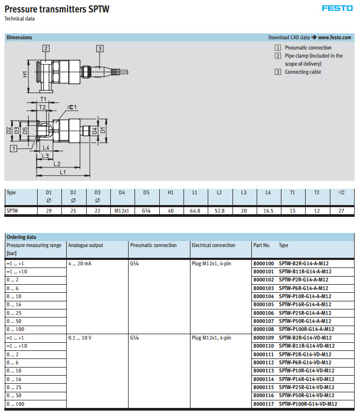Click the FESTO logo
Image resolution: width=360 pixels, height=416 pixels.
coord(337,8)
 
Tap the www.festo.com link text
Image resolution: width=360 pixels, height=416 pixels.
coord(334,38)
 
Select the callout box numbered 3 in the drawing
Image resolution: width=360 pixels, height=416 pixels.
coord(100,48)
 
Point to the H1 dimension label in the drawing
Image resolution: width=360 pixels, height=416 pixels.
coord(25,74)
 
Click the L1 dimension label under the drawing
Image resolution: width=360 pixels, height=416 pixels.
coord(62,172)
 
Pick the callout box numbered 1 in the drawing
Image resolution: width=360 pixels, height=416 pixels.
coord(13,147)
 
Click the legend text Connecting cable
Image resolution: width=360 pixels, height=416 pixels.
coord(303,72)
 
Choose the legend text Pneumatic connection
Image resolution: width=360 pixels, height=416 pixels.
coord(308,48)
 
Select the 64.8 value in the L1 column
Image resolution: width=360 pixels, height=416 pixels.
coord(195,210)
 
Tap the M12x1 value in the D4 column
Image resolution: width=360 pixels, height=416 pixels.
coord(122,210)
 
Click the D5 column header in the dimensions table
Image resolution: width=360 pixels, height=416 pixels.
coord(146,192)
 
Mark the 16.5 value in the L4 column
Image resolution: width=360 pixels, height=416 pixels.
coord(268,210)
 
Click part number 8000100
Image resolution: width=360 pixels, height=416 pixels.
coord(263,264)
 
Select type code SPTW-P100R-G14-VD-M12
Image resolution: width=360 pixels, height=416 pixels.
coord(308,404)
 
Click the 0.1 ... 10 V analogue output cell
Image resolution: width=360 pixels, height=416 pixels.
coord(80,338)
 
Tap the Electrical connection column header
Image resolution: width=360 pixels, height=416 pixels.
coord(213,245)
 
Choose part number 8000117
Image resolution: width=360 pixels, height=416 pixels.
coord(263,404)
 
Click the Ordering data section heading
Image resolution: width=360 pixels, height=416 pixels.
coord(22,237)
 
